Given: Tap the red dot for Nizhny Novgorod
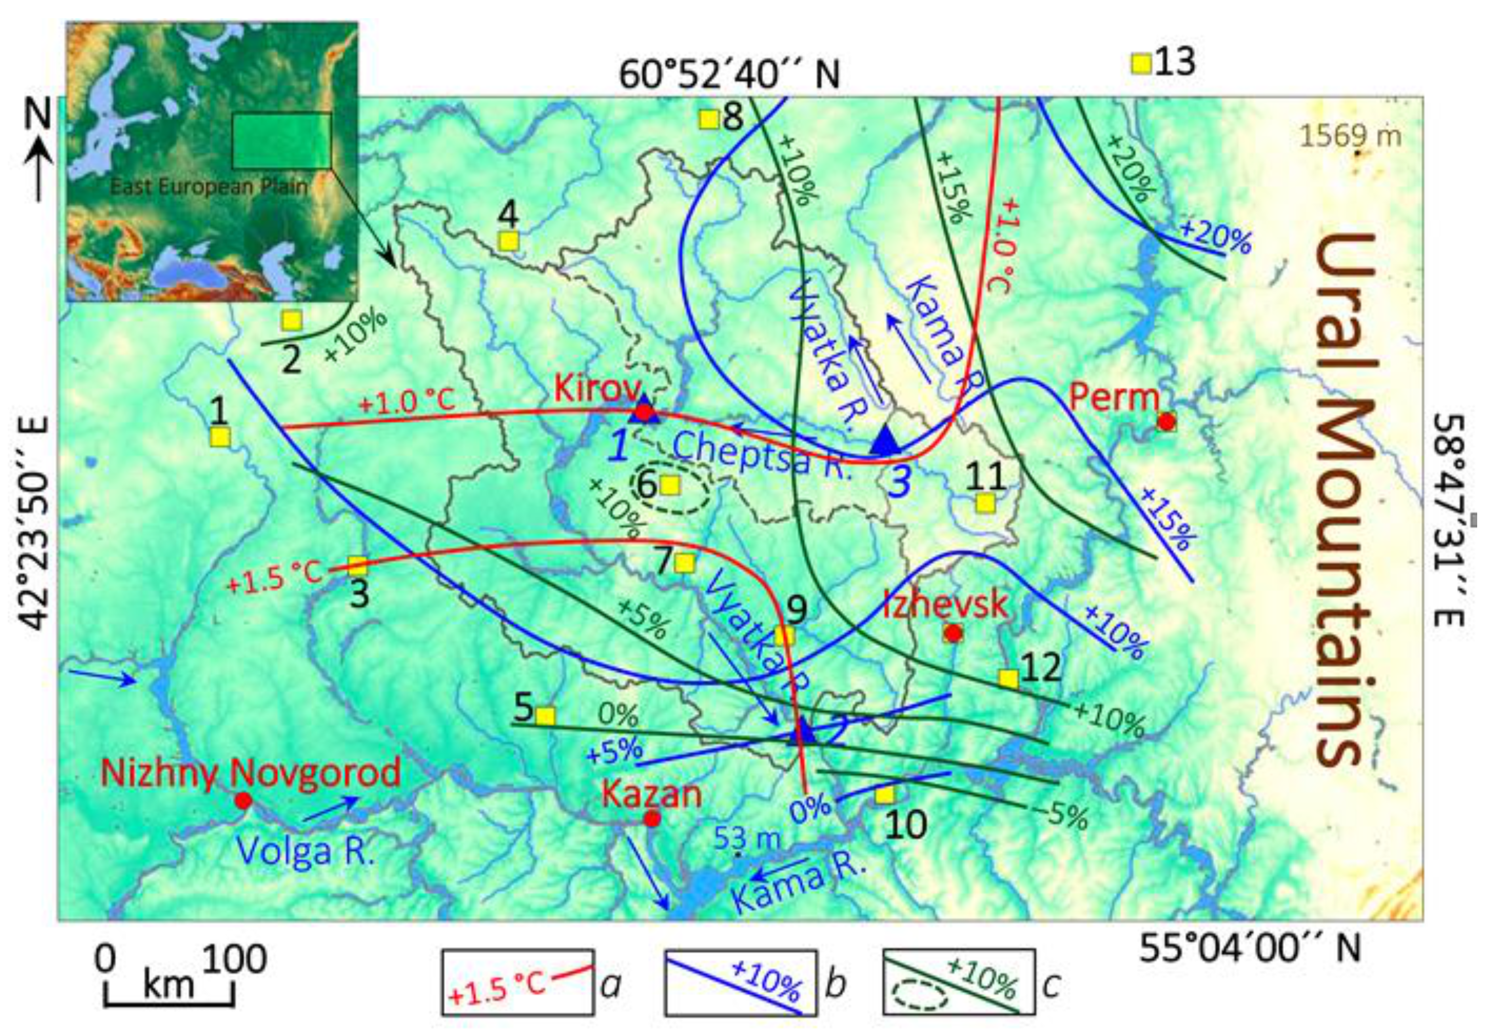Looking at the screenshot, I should (243, 800).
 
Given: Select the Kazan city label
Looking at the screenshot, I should (651, 794).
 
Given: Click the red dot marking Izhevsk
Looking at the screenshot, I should (952, 633).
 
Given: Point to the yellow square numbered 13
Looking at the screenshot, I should (1141, 63).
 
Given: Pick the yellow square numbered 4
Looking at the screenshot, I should (509, 241).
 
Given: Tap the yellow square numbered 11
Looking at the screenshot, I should (985, 502).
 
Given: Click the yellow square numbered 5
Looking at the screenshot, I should (545, 716).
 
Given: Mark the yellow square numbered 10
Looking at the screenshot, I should (884, 795).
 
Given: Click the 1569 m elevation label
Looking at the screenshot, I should (1350, 136).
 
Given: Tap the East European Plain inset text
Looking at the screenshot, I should (208, 188).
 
